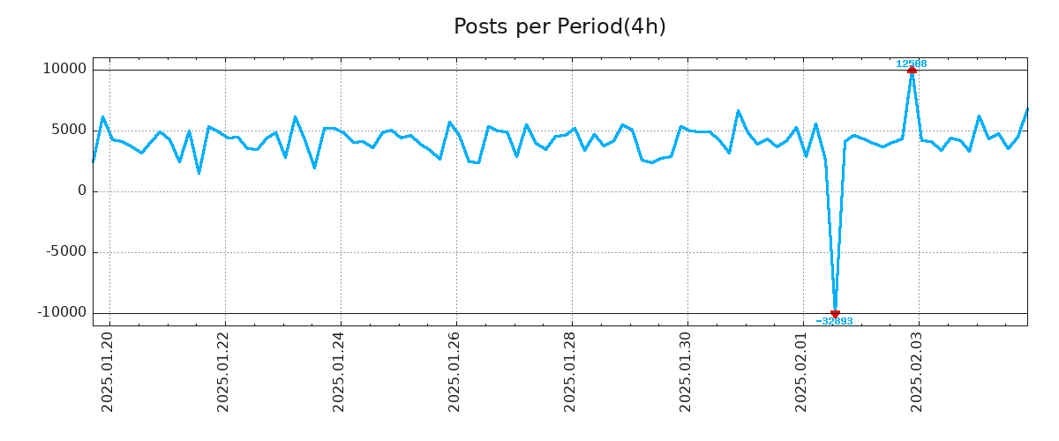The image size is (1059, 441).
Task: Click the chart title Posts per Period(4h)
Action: (x=560, y=27)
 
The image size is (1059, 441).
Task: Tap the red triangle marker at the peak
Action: (x=912, y=70)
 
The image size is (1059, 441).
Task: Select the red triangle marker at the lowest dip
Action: (x=835, y=313)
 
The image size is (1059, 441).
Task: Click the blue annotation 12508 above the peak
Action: (x=911, y=64)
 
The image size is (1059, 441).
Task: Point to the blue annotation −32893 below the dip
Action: (x=834, y=321)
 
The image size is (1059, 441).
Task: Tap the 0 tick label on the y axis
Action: (x=82, y=191)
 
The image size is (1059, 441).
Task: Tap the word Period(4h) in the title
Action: (x=612, y=27)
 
